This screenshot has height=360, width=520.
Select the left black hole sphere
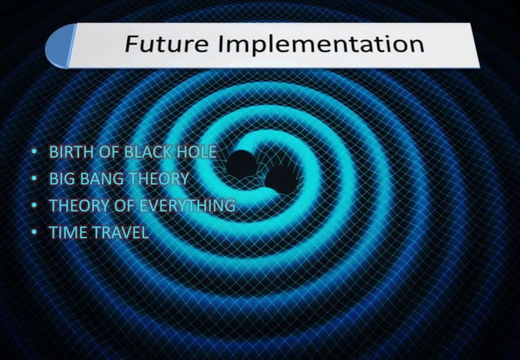(x=240, y=164)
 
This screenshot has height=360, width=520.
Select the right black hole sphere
(x=281, y=179)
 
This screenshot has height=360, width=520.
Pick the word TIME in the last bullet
(x=66, y=233)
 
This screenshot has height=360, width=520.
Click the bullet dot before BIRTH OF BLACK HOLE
(x=33, y=153)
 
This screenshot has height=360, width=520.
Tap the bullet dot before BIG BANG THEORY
(x=33, y=180)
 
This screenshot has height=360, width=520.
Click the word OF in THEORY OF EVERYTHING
(x=120, y=206)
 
